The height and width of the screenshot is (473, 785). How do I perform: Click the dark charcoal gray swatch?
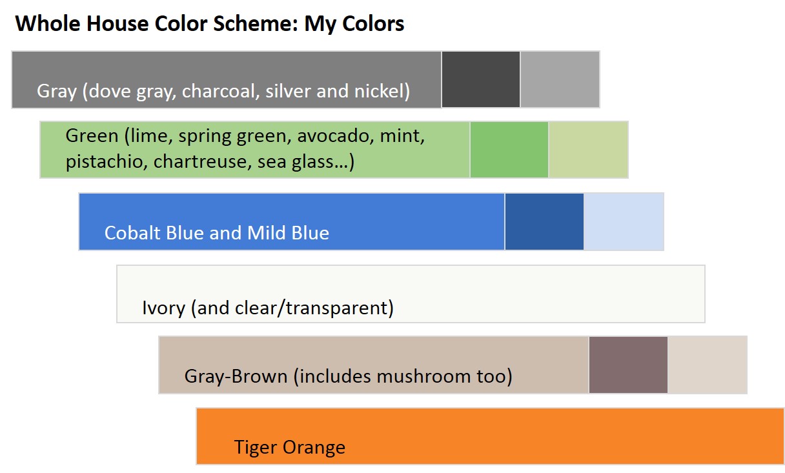click(481, 79)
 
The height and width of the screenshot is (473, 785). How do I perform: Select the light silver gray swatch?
click(560, 79)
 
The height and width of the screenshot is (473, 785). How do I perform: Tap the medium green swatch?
click(509, 149)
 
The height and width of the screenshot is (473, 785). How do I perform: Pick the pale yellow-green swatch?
click(588, 149)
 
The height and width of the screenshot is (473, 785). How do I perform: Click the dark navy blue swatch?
click(544, 221)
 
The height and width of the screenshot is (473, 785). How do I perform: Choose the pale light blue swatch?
click(624, 221)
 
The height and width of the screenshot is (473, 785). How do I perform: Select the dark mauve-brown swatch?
click(628, 365)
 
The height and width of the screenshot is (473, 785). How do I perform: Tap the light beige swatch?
click(708, 365)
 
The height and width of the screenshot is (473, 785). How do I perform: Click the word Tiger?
click(256, 447)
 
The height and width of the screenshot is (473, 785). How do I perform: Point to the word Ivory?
click(163, 308)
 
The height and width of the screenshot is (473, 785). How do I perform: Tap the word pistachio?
click(106, 161)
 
